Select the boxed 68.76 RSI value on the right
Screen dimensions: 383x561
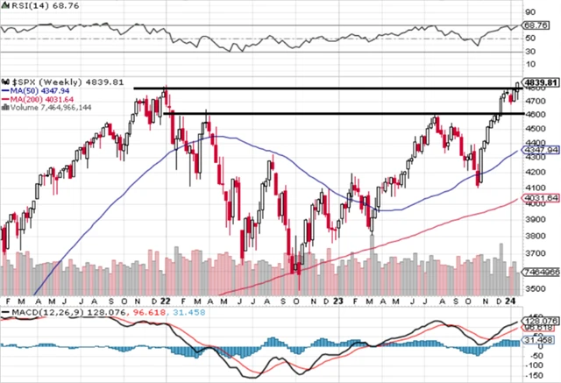click(x=535, y=26)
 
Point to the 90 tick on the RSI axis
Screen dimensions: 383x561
click(x=530, y=12)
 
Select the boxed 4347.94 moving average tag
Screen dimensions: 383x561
click(x=540, y=151)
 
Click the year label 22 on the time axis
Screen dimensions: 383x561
click(x=167, y=300)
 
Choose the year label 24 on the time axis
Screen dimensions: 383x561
click(x=512, y=300)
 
